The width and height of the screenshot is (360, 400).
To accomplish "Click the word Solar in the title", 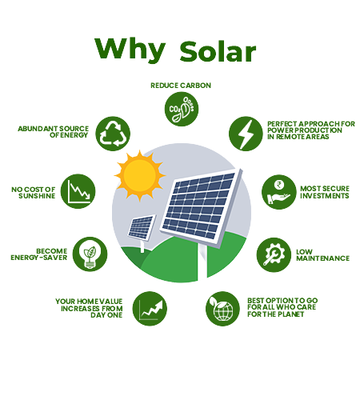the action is pyautogui.click(x=218, y=52).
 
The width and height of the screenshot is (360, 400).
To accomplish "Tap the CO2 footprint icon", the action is pyautogui.click(x=182, y=109).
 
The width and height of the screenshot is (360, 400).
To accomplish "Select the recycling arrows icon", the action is pyautogui.click(x=113, y=134).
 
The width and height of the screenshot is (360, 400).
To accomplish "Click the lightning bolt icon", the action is pyautogui.click(x=246, y=134).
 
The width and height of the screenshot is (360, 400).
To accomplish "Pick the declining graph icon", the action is pyautogui.click(x=78, y=191).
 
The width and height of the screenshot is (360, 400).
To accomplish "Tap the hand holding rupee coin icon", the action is pyautogui.click(x=279, y=192).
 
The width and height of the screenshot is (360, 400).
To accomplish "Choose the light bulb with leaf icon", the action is pyautogui.click(x=90, y=254).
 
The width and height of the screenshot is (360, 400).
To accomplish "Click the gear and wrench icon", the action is pyautogui.click(x=274, y=255).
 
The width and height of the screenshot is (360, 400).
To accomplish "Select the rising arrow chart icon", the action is pyautogui.click(x=150, y=309).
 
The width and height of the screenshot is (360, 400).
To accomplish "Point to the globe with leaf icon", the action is pyautogui.click(x=222, y=309).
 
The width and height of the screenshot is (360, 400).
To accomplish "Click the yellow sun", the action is pyautogui.click(x=139, y=176).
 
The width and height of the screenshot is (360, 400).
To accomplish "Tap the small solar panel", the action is pyautogui.click(x=142, y=227).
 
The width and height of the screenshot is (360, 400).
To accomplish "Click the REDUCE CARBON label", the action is pyautogui.click(x=181, y=86).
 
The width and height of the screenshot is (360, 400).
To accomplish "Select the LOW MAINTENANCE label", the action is pyautogui.click(x=323, y=255).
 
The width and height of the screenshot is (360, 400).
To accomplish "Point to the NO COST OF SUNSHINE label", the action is pyautogui.click(x=34, y=193).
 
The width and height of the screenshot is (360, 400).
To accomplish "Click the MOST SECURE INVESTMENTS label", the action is pyautogui.click(x=325, y=192).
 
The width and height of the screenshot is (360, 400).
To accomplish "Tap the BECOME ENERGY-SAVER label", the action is pyautogui.click(x=39, y=254).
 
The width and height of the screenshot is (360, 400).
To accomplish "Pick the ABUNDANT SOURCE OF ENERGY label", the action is pyautogui.click(x=53, y=132).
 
